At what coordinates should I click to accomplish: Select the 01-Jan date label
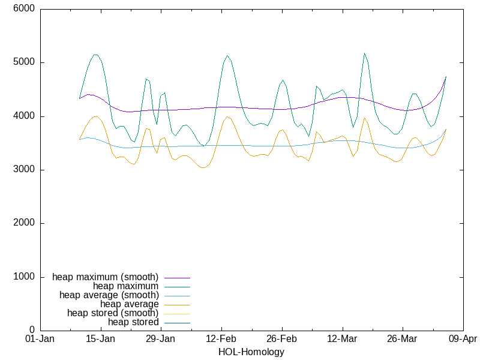[x=40, y=339]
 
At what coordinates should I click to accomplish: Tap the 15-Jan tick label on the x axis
[x=100, y=339]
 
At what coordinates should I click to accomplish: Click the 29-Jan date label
[x=161, y=339]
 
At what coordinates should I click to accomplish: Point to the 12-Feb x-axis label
[x=221, y=339]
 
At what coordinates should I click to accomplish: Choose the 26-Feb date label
[x=282, y=339]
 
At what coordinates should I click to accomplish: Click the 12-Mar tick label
[x=342, y=339]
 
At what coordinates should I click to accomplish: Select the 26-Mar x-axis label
[x=403, y=339]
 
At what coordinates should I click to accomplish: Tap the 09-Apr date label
[x=463, y=339]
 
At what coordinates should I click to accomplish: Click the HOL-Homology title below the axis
[x=251, y=352]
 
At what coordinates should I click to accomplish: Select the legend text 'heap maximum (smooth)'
[x=106, y=277]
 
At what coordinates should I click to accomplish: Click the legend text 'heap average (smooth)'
[x=109, y=295]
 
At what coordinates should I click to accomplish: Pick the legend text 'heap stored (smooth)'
[x=113, y=313]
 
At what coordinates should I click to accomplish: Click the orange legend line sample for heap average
[x=175, y=305]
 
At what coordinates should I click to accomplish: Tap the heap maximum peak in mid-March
[x=364, y=53]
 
